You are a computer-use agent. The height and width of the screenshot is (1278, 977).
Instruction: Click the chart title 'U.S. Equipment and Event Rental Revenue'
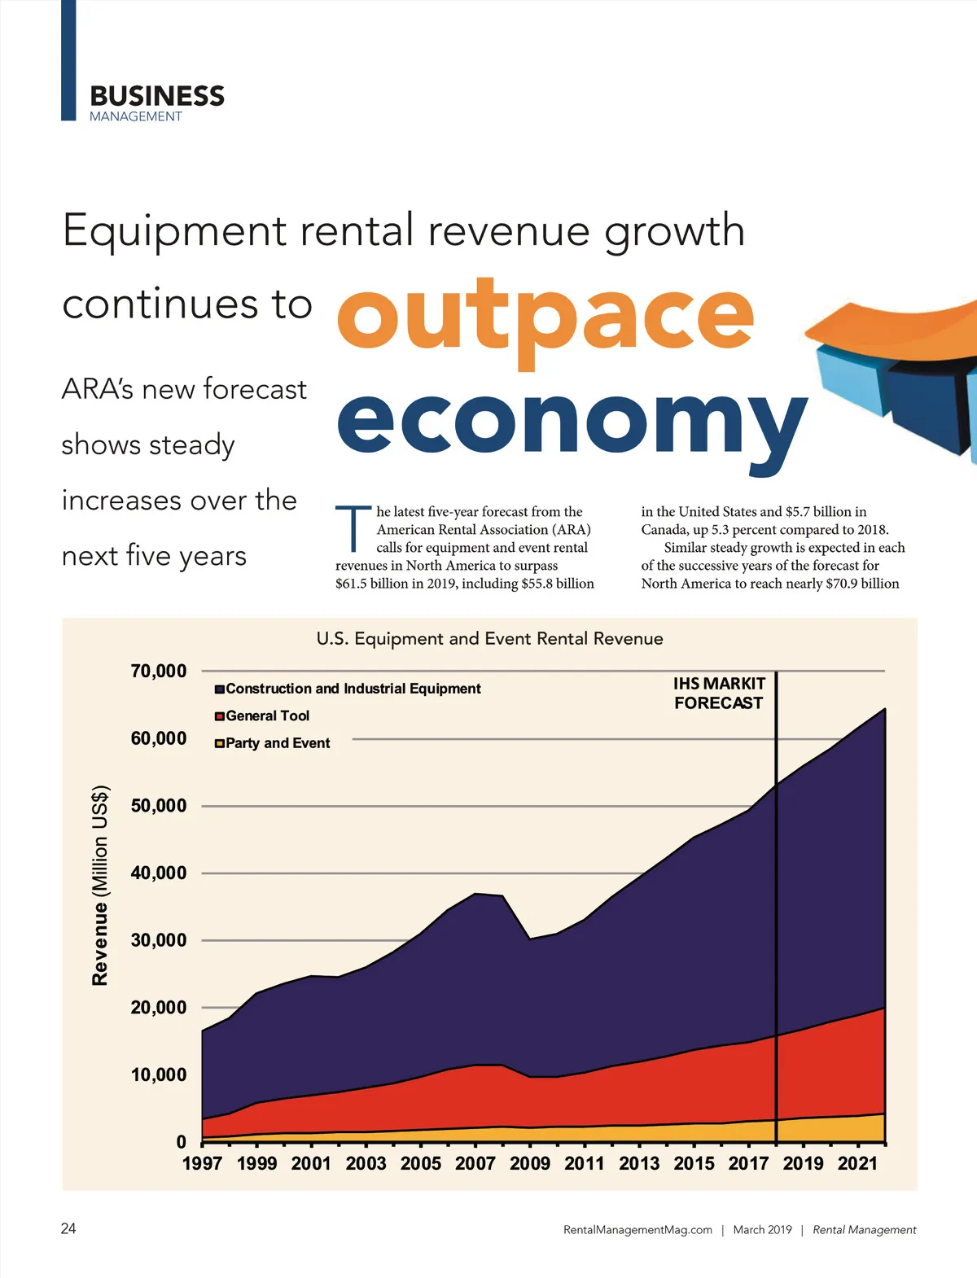click(x=489, y=639)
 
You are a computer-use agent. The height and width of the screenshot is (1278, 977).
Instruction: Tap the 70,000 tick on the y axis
click(x=159, y=672)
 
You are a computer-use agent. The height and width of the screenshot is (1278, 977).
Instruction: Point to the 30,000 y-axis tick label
click(x=159, y=941)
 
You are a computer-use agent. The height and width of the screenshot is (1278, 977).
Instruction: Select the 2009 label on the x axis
click(x=530, y=1163)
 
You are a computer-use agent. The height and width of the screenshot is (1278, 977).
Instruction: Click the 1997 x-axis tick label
click(x=202, y=1163)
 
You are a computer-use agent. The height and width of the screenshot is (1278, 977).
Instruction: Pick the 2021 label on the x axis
click(x=858, y=1163)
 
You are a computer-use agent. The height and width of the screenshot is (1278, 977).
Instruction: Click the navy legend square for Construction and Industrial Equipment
click(x=220, y=689)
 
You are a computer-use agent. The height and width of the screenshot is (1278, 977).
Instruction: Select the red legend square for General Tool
click(x=220, y=716)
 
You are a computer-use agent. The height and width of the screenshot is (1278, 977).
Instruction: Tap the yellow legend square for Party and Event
click(x=220, y=743)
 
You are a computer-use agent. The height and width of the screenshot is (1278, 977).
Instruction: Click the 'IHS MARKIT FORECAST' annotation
click(x=719, y=694)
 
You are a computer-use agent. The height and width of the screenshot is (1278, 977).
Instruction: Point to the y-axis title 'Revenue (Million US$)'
click(x=100, y=885)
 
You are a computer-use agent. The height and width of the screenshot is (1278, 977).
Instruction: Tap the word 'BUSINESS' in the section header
click(x=157, y=96)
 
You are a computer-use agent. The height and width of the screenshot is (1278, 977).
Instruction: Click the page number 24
click(x=68, y=1228)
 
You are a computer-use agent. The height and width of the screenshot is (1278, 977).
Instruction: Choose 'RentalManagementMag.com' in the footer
click(x=637, y=1230)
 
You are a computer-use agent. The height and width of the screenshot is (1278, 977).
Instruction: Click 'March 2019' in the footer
click(x=762, y=1230)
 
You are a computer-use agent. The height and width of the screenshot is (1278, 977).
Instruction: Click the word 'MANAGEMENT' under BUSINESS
click(x=136, y=116)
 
